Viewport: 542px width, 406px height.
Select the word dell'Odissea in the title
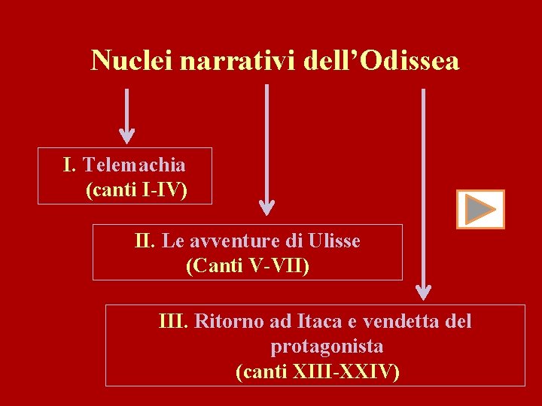point(381,60)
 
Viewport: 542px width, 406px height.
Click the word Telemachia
point(134,164)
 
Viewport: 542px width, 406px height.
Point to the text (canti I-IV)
point(136,190)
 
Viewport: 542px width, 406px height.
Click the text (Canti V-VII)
point(247,266)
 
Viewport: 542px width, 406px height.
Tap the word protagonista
point(327,347)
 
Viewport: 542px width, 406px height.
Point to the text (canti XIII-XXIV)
point(318,371)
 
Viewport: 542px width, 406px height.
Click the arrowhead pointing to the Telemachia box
point(127,135)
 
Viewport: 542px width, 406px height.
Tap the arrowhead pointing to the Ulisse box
point(267,208)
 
